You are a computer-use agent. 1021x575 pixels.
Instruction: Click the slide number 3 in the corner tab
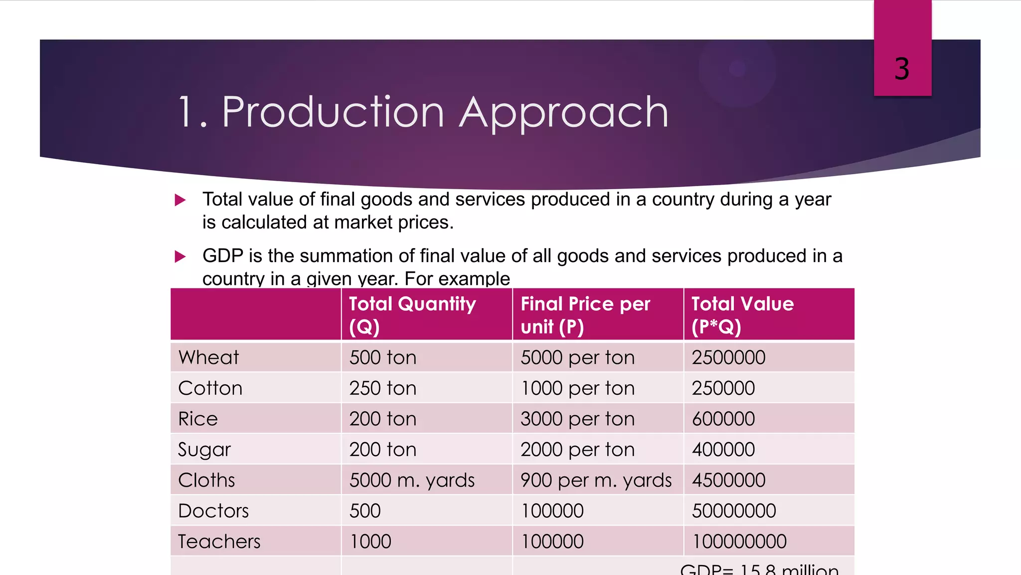pyautogui.click(x=902, y=68)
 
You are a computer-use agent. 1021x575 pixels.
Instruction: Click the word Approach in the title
pyautogui.click(x=564, y=112)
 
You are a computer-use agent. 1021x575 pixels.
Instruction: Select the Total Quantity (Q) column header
pyautogui.click(x=412, y=315)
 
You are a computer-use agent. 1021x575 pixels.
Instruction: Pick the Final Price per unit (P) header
pyautogui.click(x=585, y=315)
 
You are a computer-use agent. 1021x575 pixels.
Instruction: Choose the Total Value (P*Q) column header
pyautogui.click(x=742, y=315)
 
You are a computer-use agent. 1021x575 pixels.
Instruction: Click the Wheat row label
pyautogui.click(x=208, y=357)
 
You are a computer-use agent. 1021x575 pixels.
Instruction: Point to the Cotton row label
pyautogui.click(x=210, y=388)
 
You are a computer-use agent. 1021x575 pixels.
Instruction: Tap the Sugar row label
pyautogui.click(x=204, y=450)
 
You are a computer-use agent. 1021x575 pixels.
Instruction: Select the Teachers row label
pyautogui.click(x=219, y=542)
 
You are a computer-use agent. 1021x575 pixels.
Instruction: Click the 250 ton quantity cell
pyautogui.click(x=382, y=388)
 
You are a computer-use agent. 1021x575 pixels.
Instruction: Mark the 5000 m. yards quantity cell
pyautogui.click(x=412, y=480)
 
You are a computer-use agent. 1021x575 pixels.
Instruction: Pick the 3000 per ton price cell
pyautogui.click(x=577, y=419)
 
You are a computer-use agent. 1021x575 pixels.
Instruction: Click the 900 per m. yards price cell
pyautogui.click(x=596, y=480)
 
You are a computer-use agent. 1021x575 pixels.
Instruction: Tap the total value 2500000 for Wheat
pyautogui.click(x=728, y=357)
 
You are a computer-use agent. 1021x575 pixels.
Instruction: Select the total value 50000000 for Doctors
pyautogui.click(x=734, y=511)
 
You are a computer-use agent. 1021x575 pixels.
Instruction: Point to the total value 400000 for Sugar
pyautogui.click(x=723, y=450)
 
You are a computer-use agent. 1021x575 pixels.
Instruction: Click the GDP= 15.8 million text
pyautogui.click(x=759, y=569)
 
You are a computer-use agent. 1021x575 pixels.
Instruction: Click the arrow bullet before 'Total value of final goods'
pyautogui.click(x=180, y=200)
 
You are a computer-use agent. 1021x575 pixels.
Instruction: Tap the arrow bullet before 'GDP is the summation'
pyautogui.click(x=180, y=257)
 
